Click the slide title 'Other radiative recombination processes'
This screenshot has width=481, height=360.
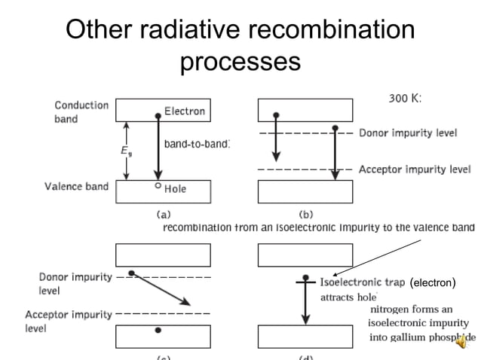[x=240, y=44]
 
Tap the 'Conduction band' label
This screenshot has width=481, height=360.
[x=81, y=112]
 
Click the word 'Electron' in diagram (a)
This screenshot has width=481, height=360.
[x=185, y=111]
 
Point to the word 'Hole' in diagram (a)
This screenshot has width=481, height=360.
[x=175, y=189]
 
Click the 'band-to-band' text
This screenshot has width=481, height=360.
[x=197, y=143]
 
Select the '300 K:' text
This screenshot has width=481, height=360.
[x=405, y=99]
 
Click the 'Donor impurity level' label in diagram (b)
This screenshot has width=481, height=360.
[x=407, y=133]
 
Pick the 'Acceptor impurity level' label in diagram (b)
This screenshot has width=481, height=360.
[x=415, y=169]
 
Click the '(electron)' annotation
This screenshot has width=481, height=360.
[x=433, y=283]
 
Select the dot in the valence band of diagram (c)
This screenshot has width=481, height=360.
[x=157, y=330]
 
